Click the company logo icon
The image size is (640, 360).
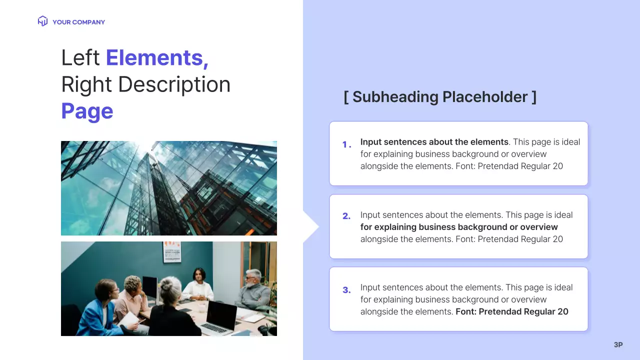tap(42, 21)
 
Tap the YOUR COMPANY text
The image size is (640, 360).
tap(78, 22)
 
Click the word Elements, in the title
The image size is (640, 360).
tap(157, 57)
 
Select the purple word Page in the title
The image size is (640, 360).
tap(87, 111)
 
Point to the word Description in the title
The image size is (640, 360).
tap(174, 84)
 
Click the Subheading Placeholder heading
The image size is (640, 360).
tap(440, 96)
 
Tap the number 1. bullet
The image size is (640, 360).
tap(346, 144)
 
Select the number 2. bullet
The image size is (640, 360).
tap(346, 216)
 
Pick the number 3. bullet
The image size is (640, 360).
tap(346, 290)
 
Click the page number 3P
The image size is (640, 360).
tap(618, 344)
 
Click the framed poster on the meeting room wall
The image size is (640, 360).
tap(171, 252)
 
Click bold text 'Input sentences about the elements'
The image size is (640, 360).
tap(434, 142)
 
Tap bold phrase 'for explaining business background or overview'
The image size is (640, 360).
tap(459, 227)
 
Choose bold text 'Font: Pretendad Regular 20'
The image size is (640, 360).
tap(512, 311)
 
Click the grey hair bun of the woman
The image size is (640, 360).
tap(166, 285)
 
